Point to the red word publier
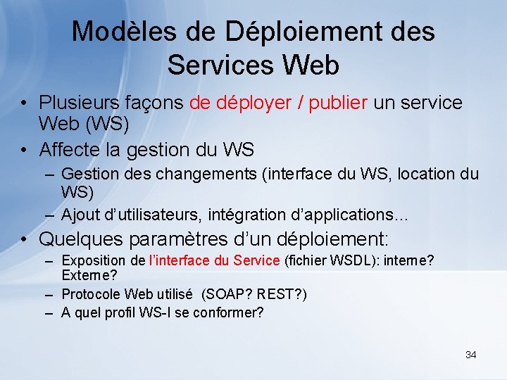[x=335, y=103]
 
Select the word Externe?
[x=89, y=274]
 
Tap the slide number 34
[x=470, y=355]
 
